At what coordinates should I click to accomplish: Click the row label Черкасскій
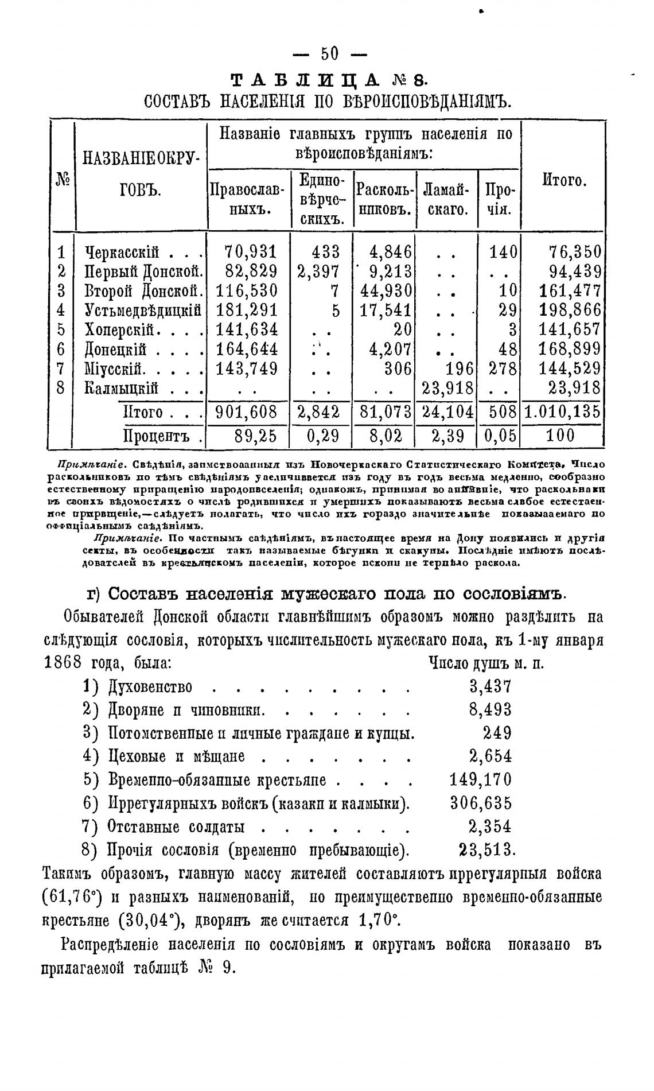pos(122,251)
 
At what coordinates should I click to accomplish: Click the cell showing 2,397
pos(318,271)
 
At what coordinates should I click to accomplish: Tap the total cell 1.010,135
pos(563,412)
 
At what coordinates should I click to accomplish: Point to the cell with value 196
pos(458,367)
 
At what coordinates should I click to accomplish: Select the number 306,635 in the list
pos(481,803)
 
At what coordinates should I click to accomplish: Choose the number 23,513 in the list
pos(487,849)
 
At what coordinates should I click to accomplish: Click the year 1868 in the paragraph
pos(63,663)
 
